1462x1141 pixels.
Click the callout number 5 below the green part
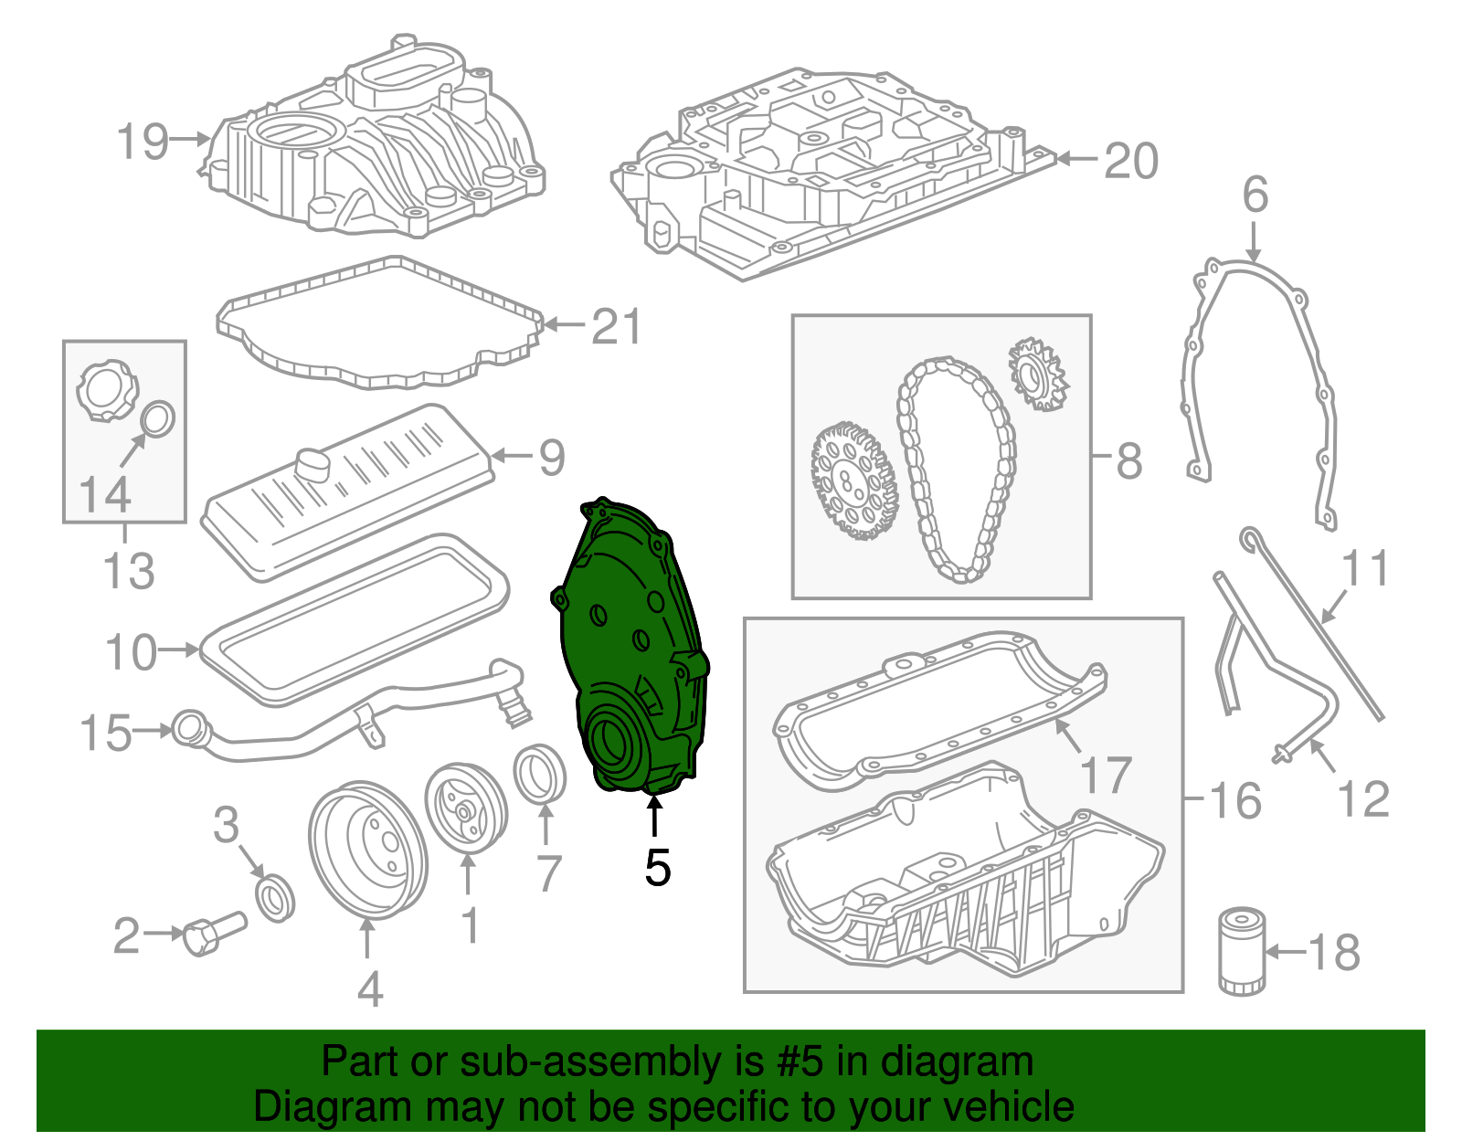click(x=657, y=867)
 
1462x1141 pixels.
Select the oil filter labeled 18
click(x=1242, y=950)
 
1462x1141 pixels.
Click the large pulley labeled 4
click(x=367, y=850)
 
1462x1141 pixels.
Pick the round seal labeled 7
click(x=540, y=774)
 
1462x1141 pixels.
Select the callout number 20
click(x=1131, y=161)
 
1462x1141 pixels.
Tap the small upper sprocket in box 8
click(x=1037, y=373)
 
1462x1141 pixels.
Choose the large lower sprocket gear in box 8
click(x=853, y=481)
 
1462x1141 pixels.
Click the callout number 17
click(x=1106, y=775)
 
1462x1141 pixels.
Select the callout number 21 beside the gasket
click(x=617, y=326)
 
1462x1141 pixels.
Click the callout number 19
click(x=143, y=142)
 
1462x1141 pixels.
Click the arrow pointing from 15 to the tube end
click(x=153, y=731)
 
